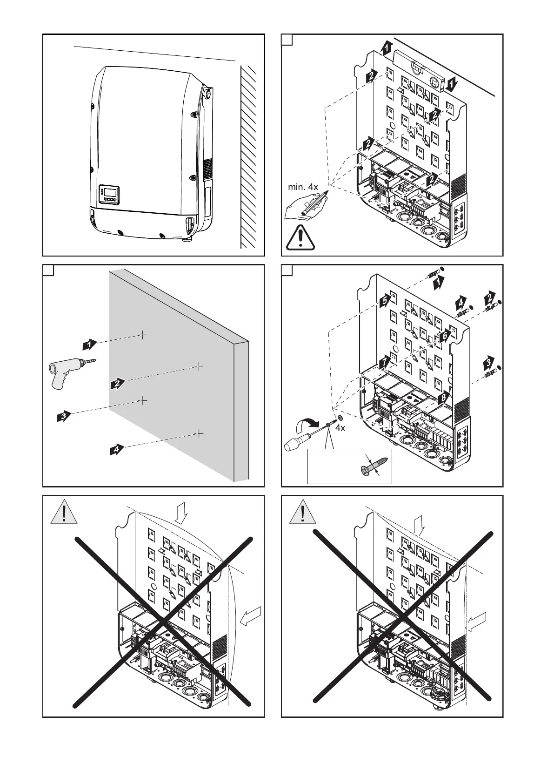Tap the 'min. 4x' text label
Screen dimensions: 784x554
pyautogui.click(x=303, y=187)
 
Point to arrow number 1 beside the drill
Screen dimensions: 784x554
pyautogui.click(x=89, y=345)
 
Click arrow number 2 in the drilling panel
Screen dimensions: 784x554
pyautogui.click(x=118, y=384)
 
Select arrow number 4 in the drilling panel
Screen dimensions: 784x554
pyautogui.click(x=118, y=449)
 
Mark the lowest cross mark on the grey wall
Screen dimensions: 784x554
pyautogui.click(x=199, y=433)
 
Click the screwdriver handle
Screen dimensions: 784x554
pyautogui.click(x=295, y=444)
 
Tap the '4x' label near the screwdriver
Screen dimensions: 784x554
pyautogui.click(x=340, y=428)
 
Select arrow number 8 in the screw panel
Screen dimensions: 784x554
pyautogui.click(x=444, y=397)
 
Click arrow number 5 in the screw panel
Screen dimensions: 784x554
pyautogui.click(x=384, y=301)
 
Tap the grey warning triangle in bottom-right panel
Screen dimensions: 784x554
pyautogui.click(x=303, y=513)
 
